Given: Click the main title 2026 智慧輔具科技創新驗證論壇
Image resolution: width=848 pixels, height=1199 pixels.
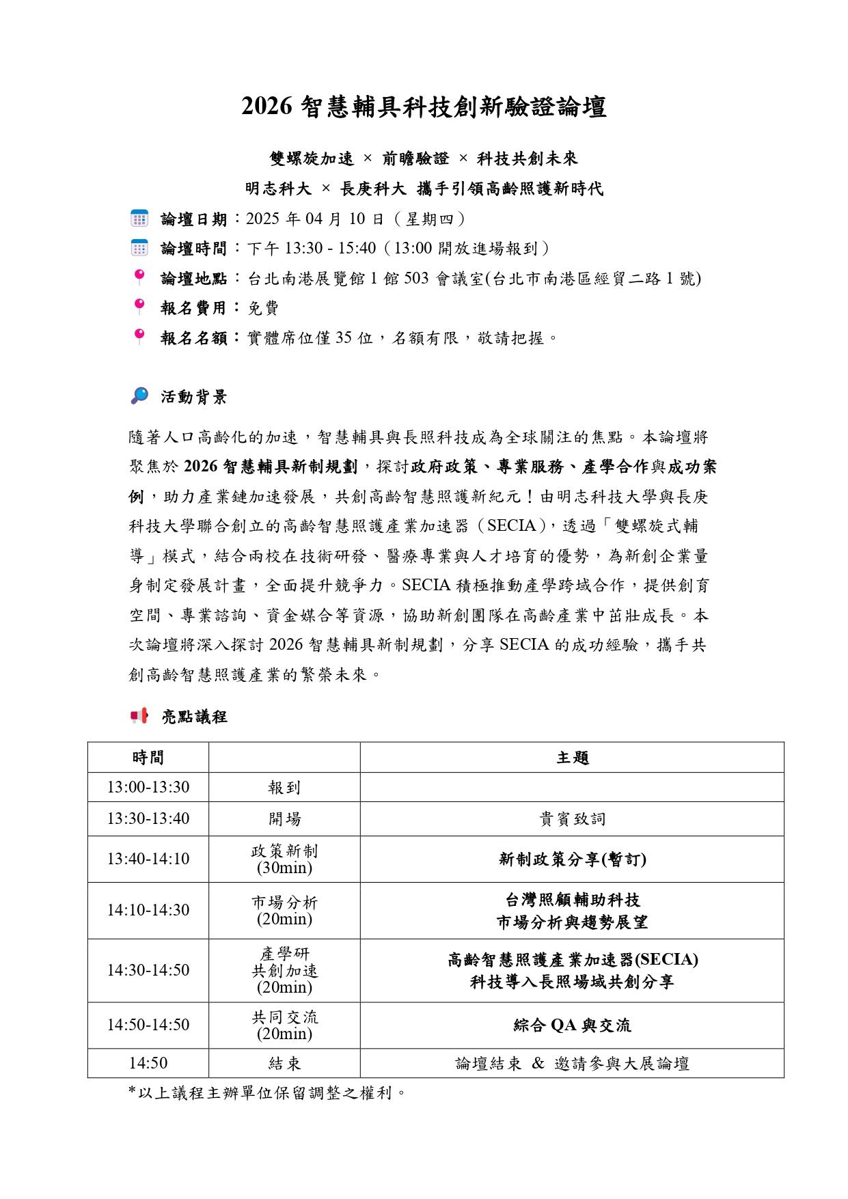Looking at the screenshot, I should click(424, 107).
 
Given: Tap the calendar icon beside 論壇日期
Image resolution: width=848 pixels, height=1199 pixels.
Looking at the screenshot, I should click(139, 219).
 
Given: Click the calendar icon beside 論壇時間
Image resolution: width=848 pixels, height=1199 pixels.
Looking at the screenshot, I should click(139, 248).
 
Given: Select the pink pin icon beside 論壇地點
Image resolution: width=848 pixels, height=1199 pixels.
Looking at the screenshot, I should click(139, 277).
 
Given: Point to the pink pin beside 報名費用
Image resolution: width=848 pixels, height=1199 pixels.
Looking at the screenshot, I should click(139, 306).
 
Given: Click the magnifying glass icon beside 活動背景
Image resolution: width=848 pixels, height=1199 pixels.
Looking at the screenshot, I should click(139, 396).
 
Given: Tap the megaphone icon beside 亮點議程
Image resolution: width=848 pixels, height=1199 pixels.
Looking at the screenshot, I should click(139, 716).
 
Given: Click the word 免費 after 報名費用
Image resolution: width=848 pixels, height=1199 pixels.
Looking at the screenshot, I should click(263, 308).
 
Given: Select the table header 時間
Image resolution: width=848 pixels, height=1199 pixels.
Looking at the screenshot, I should click(148, 758).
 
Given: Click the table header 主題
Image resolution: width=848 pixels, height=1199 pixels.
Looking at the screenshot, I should click(572, 758).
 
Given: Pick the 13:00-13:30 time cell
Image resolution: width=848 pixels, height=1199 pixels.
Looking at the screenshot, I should click(148, 787).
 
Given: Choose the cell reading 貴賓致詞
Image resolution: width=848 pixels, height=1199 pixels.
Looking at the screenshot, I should click(572, 819).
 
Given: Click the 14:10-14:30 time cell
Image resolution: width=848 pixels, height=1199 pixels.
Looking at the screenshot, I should click(148, 910).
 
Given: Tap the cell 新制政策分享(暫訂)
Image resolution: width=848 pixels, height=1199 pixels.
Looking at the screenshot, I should click(572, 859).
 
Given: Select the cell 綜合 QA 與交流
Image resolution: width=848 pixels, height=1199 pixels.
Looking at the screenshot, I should click(572, 1025).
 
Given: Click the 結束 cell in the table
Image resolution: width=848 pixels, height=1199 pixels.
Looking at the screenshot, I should click(284, 1064).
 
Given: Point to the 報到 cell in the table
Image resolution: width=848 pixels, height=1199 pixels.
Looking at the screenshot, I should click(284, 788).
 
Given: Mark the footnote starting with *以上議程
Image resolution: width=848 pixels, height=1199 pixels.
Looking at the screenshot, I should click(267, 1093).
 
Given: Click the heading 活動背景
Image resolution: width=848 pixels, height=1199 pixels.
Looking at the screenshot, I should click(194, 397).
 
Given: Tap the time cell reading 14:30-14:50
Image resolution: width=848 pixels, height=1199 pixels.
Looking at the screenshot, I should click(148, 970).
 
